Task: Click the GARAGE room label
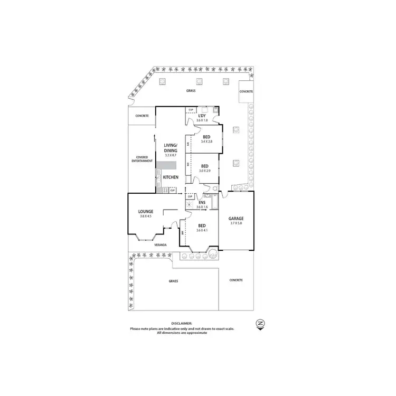coord(236,219)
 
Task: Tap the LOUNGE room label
coord(146,211)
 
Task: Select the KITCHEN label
coord(171,177)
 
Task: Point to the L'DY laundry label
coord(202,116)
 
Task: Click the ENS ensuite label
coord(202,203)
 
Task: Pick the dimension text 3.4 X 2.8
coord(206,142)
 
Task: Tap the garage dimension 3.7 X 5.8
coord(236,224)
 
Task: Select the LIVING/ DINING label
coord(171,148)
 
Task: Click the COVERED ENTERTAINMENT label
coord(144,159)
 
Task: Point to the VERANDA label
coord(161,245)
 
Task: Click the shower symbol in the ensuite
coord(191,204)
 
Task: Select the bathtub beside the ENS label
coord(213,202)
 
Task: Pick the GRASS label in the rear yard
coord(191,91)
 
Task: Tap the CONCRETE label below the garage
coord(236,280)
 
